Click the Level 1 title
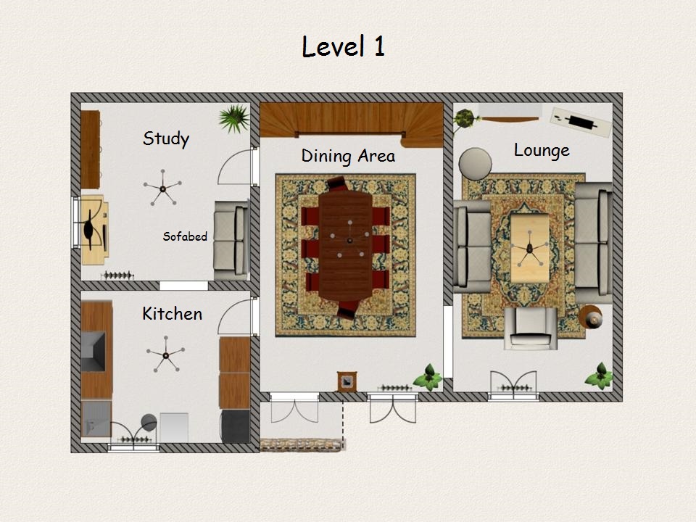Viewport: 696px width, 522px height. [343, 46]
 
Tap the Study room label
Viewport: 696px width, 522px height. [166, 138]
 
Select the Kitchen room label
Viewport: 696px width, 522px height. [173, 314]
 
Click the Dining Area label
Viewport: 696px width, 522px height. [348, 156]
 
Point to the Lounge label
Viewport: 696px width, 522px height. [542, 150]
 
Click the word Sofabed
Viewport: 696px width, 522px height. [185, 236]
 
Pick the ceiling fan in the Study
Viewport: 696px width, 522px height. [162, 188]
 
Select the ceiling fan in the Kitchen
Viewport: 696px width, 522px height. [165, 355]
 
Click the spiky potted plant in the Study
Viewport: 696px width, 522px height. [234, 118]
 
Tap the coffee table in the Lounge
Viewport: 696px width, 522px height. [529, 248]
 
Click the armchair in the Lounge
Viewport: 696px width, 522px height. [531, 328]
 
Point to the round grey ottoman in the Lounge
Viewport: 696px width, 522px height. [475, 164]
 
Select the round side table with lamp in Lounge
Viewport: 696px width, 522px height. [591, 317]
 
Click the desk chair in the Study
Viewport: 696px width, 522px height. [89, 230]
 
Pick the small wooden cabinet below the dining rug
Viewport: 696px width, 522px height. [347, 381]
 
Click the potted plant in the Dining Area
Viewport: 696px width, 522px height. [428, 378]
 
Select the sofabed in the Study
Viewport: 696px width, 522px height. [231, 240]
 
